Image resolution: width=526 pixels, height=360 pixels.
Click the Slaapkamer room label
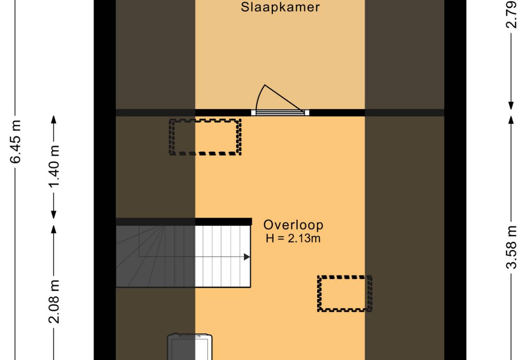(x=280, y=7)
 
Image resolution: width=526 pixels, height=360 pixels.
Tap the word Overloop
(x=293, y=225)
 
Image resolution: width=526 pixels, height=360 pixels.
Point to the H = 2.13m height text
(x=293, y=238)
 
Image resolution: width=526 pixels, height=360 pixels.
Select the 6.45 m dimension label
(x=15, y=142)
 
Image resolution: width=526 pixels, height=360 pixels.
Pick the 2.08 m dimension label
(x=54, y=302)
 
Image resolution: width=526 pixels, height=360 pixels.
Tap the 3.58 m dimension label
(x=511, y=247)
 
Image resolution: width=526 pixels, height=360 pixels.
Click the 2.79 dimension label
(x=511, y=15)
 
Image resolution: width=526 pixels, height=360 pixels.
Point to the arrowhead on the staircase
(x=247, y=257)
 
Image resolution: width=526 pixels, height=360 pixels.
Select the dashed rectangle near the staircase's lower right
(x=344, y=294)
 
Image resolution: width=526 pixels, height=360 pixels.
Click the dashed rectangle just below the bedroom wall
(x=205, y=137)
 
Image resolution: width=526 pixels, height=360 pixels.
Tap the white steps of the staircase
(x=223, y=256)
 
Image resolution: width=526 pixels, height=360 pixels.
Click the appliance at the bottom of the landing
(x=190, y=347)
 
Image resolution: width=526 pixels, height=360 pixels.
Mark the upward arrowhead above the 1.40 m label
(x=54, y=119)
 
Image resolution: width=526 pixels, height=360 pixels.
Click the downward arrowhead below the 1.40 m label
(x=54, y=214)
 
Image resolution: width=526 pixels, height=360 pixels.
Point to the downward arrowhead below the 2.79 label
(x=511, y=106)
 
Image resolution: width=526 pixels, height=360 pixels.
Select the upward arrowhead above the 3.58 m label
(x=511, y=120)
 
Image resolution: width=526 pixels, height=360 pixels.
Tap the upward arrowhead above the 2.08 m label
(x=54, y=229)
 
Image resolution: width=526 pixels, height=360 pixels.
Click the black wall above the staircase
(x=184, y=222)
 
